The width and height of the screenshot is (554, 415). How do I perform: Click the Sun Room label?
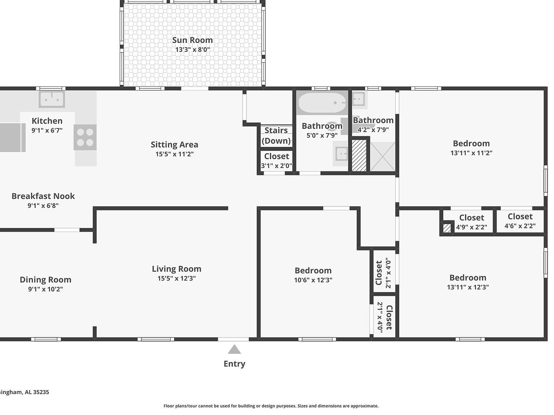(x=192, y=40)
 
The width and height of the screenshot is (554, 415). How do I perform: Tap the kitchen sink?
(x=52, y=99)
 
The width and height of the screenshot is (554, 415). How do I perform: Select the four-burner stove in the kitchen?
(x=85, y=137)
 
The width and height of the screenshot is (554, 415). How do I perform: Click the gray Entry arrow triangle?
(x=234, y=350)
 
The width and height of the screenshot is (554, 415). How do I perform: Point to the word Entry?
(x=234, y=364)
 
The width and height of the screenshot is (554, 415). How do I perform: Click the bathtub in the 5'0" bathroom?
(x=322, y=103)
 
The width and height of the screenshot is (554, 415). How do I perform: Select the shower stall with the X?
(x=383, y=157)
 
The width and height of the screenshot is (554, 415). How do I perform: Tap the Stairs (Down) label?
(x=276, y=135)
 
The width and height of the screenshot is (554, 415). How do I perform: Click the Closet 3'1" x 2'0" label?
(x=277, y=156)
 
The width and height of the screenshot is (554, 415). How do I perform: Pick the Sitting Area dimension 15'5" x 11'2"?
(x=175, y=154)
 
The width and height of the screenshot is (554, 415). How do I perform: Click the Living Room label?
(x=176, y=269)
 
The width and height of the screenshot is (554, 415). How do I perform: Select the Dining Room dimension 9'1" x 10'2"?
(x=45, y=289)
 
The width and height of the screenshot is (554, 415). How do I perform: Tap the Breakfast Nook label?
(x=43, y=196)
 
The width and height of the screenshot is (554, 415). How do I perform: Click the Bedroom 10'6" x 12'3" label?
(x=313, y=271)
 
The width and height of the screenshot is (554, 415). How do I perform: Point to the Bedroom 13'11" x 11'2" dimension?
(x=471, y=153)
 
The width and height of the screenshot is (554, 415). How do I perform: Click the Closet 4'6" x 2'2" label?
(x=520, y=217)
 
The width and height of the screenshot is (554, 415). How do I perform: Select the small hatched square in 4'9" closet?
(x=447, y=228)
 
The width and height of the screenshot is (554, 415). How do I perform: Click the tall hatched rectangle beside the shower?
(x=359, y=156)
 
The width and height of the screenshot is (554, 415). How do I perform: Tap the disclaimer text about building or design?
(x=271, y=406)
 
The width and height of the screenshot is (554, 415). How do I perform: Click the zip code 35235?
(x=41, y=392)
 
